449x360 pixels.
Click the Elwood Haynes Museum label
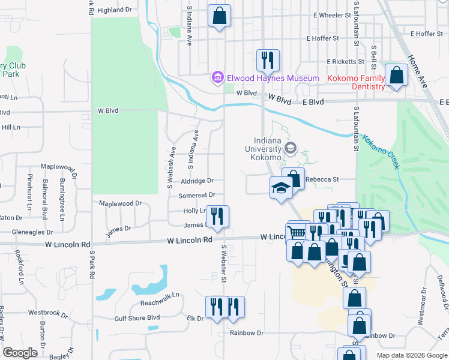[x=273, y=78]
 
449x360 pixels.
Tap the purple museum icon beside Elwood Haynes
[x=217, y=78]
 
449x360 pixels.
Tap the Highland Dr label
[x=114, y=10]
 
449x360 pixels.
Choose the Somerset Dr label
[x=196, y=196]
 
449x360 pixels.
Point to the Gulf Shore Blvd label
[x=137, y=317]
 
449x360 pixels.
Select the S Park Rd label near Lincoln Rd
[x=92, y=264]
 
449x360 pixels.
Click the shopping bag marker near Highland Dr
[x=220, y=16]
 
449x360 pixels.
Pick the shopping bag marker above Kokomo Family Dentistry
[x=396, y=75]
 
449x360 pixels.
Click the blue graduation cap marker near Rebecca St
[x=280, y=188]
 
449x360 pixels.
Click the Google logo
[x=20, y=353]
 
